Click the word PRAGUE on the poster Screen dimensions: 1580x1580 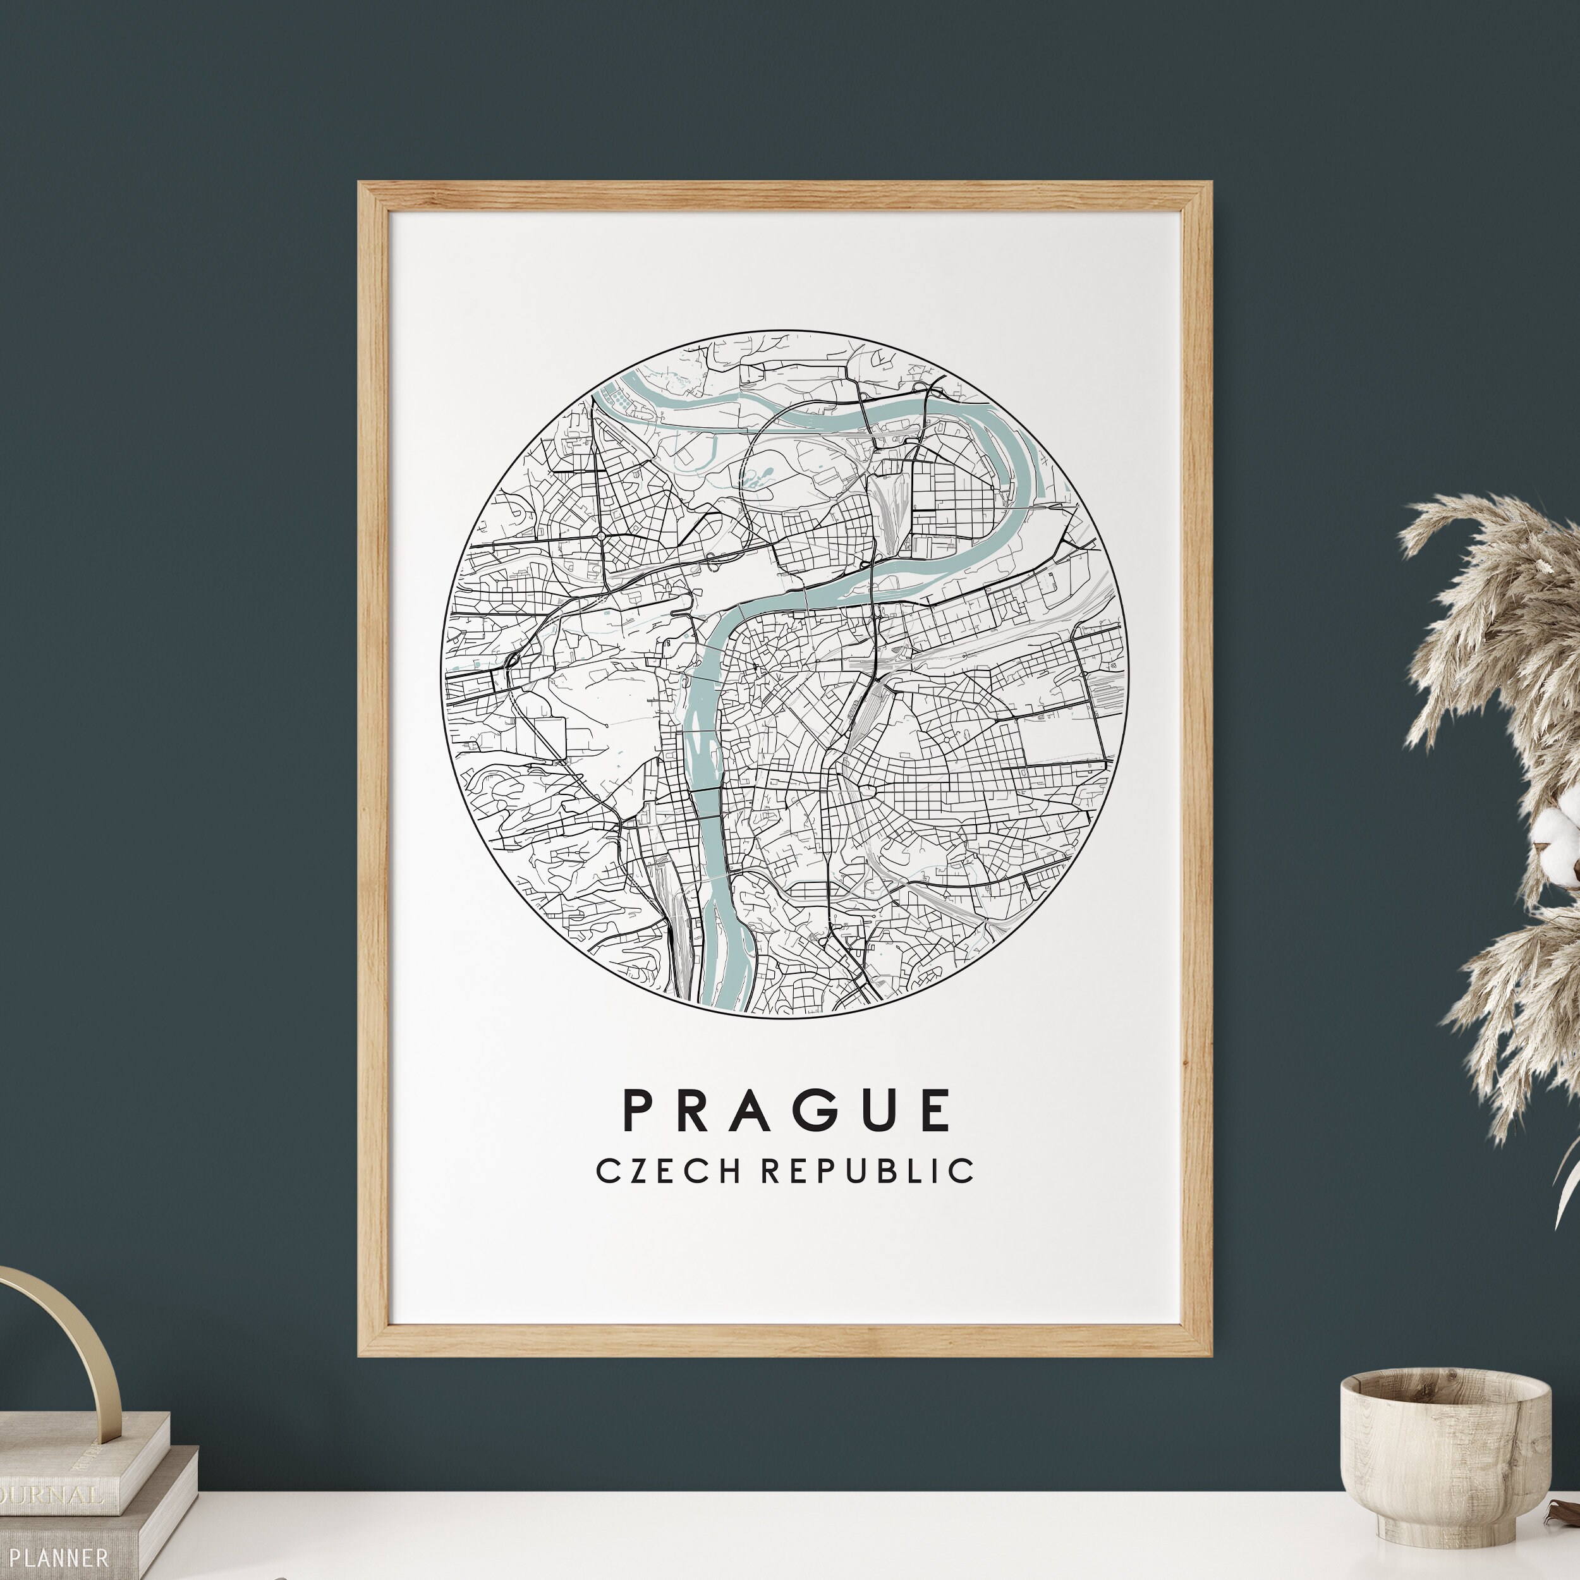[x=787, y=1110]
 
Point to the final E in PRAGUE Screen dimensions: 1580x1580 [x=935, y=1110]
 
